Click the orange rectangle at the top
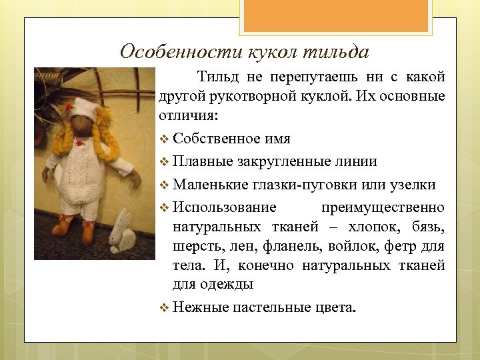(337, 16)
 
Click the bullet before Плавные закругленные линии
(165, 162)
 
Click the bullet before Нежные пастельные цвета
(165, 307)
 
